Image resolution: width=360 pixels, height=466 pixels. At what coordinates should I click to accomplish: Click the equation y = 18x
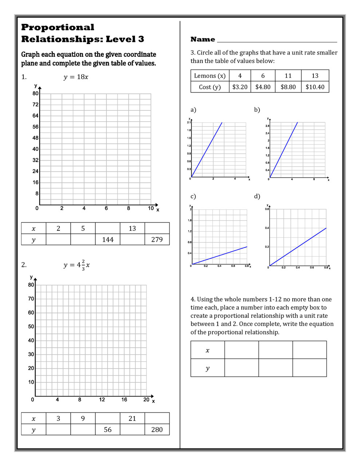click(x=76, y=77)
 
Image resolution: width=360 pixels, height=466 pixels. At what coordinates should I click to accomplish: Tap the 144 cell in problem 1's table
click(x=108, y=240)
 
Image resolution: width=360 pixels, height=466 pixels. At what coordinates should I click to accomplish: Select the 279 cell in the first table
click(x=157, y=240)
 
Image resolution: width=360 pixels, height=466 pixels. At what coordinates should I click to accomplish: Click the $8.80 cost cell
click(x=288, y=87)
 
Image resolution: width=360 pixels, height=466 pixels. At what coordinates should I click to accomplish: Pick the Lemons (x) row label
click(x=210, y=76)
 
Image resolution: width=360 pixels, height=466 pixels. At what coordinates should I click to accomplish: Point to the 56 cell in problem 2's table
click(x=108, y=430)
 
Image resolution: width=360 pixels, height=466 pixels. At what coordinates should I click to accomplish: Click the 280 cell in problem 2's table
click(x=157, y=430)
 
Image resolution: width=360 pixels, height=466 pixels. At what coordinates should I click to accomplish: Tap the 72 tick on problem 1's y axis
click(x=35, y=104)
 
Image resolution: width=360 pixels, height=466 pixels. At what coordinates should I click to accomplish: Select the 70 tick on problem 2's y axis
click(x=31, y=299)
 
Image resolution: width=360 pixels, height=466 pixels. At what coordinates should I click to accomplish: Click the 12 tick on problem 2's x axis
click(x=102, y=400)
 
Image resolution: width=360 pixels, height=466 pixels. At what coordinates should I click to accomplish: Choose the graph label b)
click(x=257, y=110)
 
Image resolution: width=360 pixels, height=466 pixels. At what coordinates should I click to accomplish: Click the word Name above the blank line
click(x=203, y=39)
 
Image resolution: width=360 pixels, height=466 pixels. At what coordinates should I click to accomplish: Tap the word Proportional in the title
click(x=58, y=27)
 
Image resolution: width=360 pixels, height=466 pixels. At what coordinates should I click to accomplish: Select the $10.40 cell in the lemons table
click(x=315, y=87)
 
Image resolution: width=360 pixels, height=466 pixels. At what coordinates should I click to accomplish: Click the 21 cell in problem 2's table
click(x=132, y=419)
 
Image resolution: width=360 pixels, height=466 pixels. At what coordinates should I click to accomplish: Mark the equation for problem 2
click(x=76, y=265)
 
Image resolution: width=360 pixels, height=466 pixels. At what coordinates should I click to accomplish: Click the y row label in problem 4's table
click(x=207, y=368)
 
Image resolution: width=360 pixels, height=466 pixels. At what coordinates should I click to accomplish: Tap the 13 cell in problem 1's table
click(x=132, y=229)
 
